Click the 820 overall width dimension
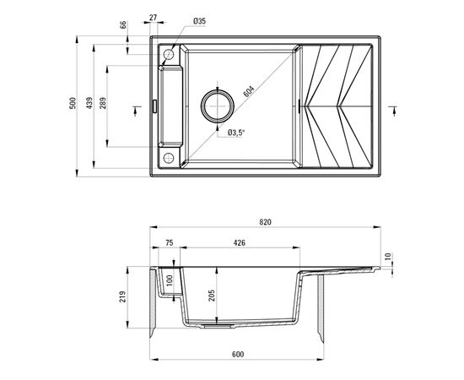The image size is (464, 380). click(x=266, y=222)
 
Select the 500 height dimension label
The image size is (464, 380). click(x=73, y=105)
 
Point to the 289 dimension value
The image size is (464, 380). click(x=104, y=105)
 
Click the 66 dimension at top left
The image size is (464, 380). click(x=124, y=25)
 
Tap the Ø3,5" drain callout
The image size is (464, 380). click(x=237, y=133)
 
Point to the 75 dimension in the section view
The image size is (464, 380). click(x=169, y=243)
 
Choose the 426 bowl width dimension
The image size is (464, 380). click(x=240, y=243)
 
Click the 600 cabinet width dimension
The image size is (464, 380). click(x=236, y=356)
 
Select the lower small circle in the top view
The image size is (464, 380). click(x=168, y=158)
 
